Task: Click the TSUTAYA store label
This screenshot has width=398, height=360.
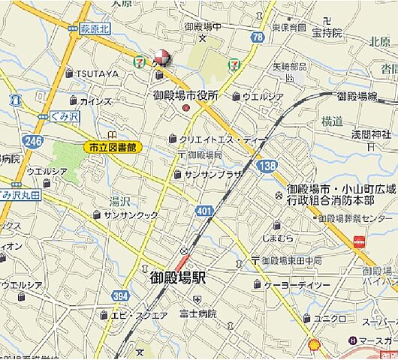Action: (97, 73)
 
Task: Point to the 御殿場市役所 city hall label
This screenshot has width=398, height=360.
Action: (185, 95)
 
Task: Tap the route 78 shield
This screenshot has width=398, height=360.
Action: (258, 36)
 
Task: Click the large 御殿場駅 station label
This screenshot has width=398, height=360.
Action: (172, 277)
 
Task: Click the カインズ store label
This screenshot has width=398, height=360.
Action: (95, 100)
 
